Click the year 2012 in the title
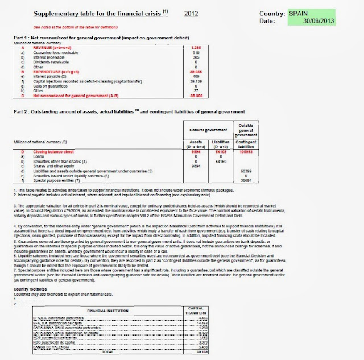tap(192, 12)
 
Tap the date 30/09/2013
tap(322, 20)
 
